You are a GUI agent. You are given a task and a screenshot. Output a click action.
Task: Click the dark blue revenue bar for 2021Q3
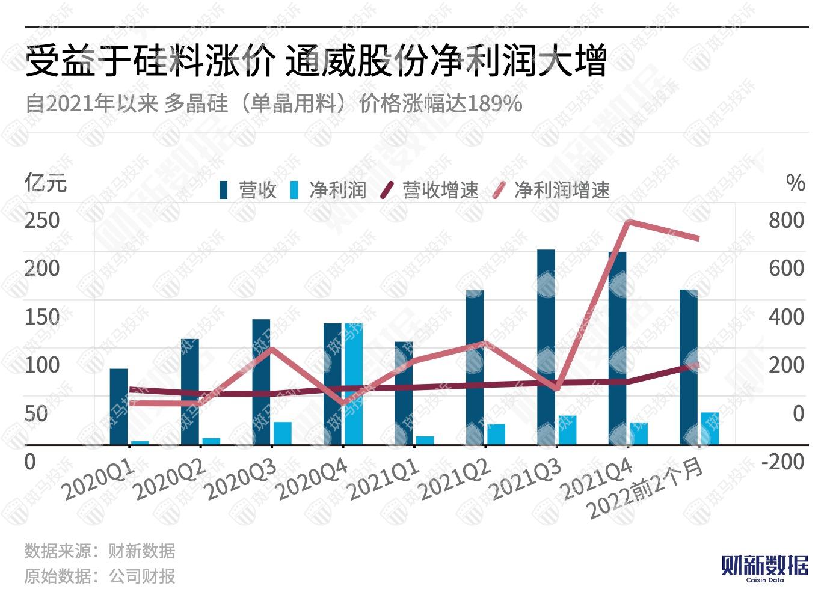click(x=546, y=347)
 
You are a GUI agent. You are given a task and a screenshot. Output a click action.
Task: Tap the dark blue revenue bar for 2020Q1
click(x=118, y=406)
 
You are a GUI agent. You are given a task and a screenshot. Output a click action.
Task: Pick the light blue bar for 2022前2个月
click(x=710, y=429)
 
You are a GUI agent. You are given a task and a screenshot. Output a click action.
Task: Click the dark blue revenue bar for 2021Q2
click(x=475, y=367)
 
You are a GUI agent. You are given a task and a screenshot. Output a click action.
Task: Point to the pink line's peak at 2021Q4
click(x=628, y=222)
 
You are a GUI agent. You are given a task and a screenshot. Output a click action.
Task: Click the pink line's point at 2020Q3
click(x=272, y=349)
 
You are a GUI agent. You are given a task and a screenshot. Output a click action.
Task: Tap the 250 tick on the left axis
click(x=42, y=220)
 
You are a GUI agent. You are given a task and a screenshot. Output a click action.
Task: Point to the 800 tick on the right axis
click(x=786, y=220)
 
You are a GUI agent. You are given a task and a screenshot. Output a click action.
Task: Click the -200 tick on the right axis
click(x=782, y=462)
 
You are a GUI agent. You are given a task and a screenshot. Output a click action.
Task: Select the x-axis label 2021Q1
click(x=385, y=481)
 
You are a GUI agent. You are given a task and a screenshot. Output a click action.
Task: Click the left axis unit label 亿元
click(x=46, y=183)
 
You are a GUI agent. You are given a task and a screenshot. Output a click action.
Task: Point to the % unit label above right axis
click(x=795, y=183)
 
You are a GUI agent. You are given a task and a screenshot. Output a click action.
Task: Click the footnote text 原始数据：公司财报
click(x=100, y=576)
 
